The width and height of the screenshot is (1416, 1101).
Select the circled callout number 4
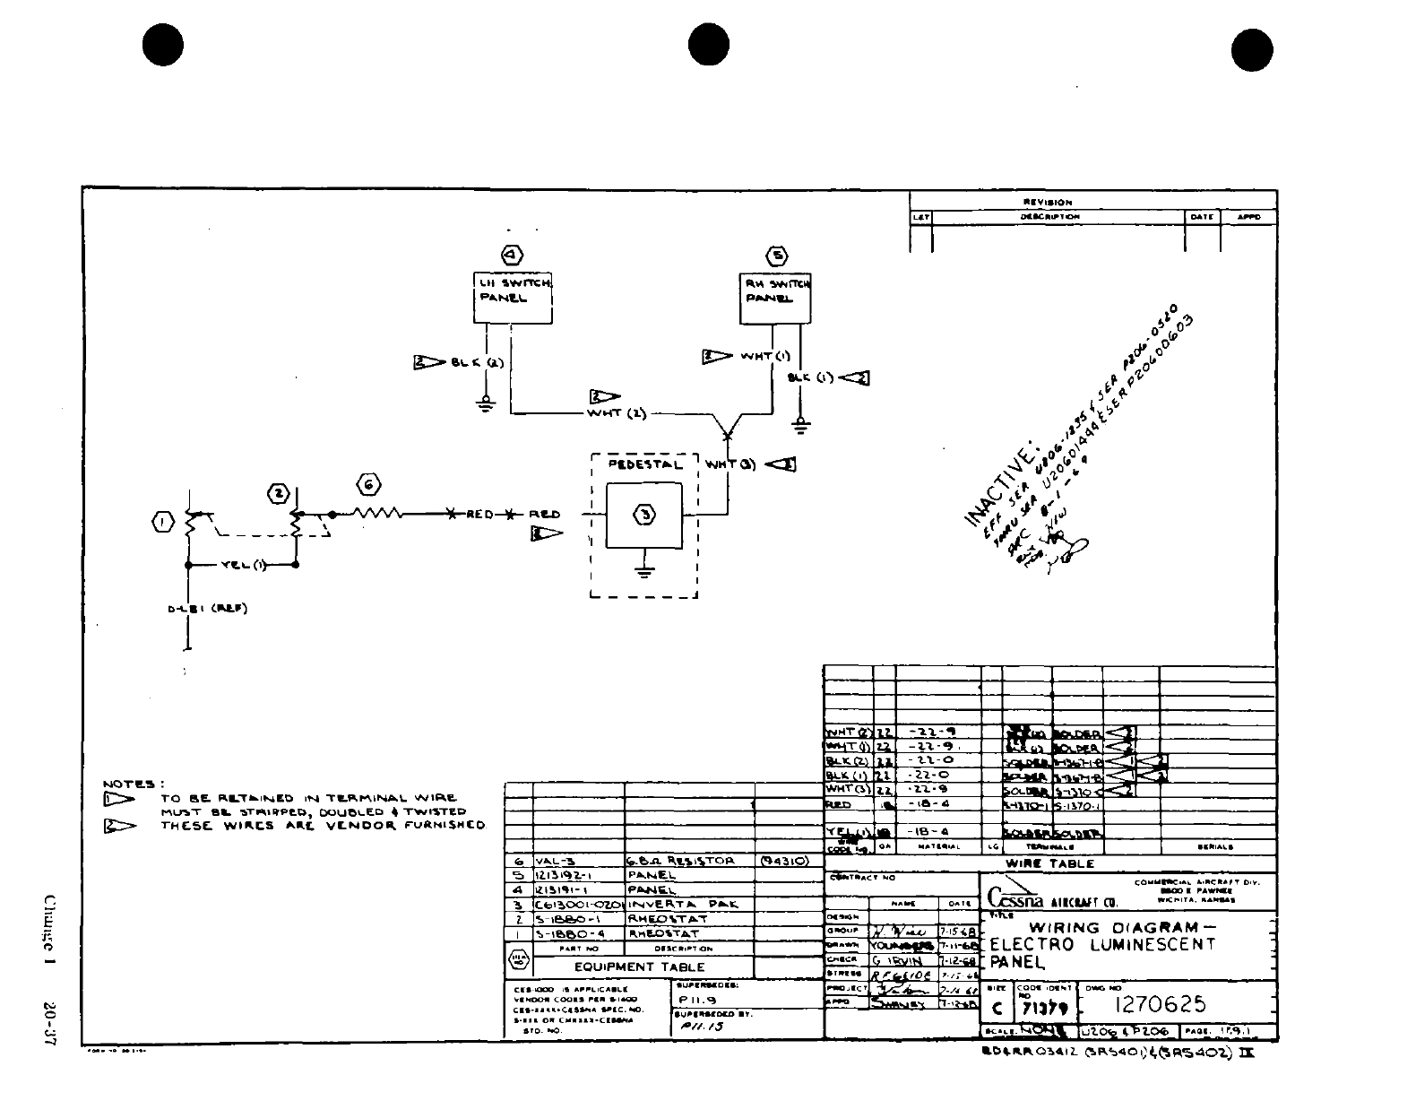point(512,256)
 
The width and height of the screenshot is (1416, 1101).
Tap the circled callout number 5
point(777,256)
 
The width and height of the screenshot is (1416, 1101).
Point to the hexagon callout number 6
point(368,485)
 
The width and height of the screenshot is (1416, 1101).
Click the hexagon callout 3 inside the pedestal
point(644,515)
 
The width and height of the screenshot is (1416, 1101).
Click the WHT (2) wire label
point(617,413)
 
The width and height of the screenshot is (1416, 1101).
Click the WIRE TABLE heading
point(1049,863)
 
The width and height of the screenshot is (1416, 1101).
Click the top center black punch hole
point(709,45)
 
